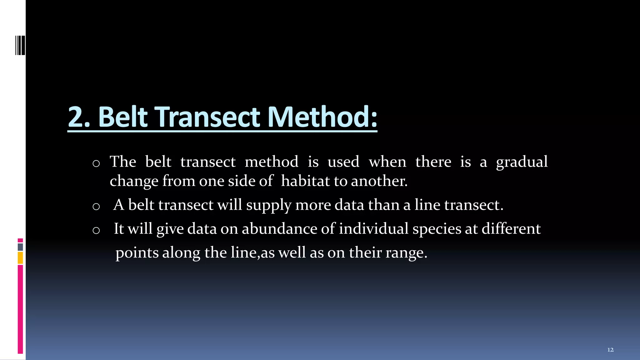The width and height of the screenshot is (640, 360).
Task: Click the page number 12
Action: (x=610, y=350)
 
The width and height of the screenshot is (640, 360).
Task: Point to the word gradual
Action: (x=522, y=162)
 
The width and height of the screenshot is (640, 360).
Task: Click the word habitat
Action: (x=305, y=181)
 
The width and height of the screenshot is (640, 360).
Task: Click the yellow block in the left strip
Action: (x=20, y=258)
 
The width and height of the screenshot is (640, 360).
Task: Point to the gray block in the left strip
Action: (x=20, y=247)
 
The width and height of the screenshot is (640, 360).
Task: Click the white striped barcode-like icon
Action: (x=20, y=45)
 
